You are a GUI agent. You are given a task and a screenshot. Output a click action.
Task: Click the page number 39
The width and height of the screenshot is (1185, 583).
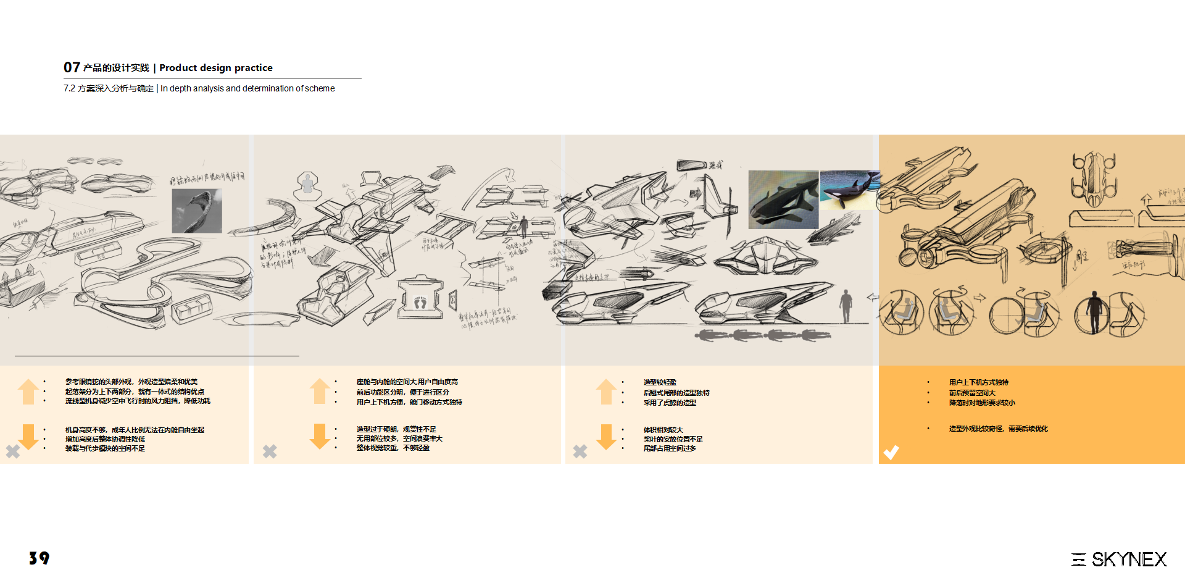39,558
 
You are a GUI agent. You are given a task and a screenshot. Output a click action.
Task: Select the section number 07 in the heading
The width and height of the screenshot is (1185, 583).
72,67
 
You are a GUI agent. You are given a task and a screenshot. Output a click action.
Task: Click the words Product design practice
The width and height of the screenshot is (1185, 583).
215,68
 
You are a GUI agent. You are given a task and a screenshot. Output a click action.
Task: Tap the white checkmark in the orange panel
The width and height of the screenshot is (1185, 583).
891,452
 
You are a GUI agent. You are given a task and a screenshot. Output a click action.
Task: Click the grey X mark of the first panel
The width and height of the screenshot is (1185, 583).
13,451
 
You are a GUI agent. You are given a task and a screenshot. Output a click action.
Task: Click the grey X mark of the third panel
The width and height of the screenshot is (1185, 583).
580,451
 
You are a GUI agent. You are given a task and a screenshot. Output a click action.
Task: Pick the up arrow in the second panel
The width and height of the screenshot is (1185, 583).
319,391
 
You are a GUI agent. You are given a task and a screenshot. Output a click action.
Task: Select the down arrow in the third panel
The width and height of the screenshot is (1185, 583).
606,437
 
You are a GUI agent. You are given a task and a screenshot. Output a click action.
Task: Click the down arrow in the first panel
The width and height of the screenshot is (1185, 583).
28,437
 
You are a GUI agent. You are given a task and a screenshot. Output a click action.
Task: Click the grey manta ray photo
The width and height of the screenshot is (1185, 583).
196,211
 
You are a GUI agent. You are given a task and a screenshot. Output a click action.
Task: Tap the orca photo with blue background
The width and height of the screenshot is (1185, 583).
849,190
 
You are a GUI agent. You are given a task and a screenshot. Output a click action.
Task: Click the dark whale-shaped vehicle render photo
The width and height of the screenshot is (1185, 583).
783,199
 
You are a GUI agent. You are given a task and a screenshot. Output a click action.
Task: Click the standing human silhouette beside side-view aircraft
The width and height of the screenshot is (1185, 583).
846,306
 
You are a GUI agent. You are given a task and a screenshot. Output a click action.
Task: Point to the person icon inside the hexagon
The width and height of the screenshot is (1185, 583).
307,184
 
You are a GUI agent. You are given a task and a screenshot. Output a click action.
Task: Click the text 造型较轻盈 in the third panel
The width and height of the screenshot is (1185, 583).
660,382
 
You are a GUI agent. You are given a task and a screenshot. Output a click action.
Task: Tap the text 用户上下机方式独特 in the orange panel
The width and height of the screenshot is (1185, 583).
978,382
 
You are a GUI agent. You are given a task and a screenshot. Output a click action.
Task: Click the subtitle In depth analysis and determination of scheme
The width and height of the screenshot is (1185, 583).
247,88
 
